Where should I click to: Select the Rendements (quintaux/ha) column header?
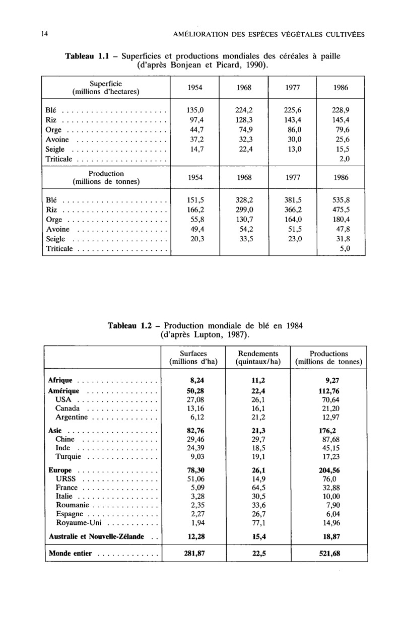258,358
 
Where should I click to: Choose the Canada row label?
68,408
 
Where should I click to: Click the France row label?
66,488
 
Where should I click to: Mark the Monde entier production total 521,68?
329,554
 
